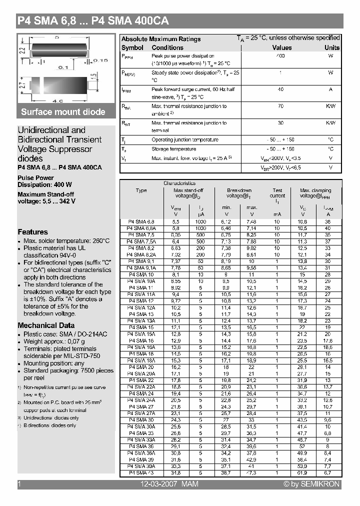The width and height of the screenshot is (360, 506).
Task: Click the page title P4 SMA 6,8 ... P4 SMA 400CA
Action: tap(93, 21)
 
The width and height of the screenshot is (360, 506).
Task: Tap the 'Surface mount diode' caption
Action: tap(63, 112)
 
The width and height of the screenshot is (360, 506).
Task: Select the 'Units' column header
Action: tap(331, 47)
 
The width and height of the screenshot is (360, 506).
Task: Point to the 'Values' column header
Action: tap(281, 47)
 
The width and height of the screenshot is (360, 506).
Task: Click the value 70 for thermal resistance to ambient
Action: tap(280, 106)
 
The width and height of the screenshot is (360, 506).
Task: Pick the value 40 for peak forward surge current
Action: tap(280, 89)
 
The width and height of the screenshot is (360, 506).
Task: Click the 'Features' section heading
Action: tap(33, 232)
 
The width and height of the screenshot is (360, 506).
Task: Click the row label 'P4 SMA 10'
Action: tap(141, 274)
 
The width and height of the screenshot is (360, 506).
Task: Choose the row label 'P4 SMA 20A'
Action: tap(141, 373)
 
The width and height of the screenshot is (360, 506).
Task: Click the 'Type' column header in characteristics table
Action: tap(141, 190)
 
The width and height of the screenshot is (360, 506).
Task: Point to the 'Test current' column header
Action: tap(277, 193)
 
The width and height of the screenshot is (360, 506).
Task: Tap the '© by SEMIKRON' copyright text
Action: tap(311, 484)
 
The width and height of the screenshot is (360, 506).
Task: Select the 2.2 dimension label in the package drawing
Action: tap(22, 50)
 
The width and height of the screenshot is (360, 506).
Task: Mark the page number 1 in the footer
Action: tap(19, 484)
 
